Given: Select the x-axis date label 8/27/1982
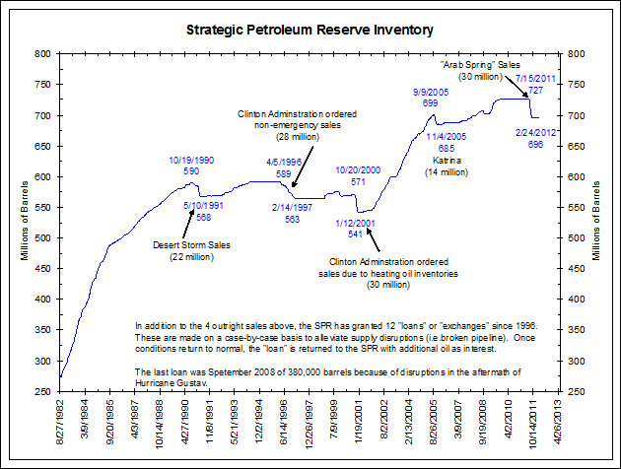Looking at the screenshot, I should (x=62, y=425).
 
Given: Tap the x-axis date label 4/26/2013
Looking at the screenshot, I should (x=559, y=425).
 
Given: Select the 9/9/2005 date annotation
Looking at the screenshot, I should (x=403, y=92).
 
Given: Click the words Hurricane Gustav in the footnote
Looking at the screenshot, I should (x=172, y=380).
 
